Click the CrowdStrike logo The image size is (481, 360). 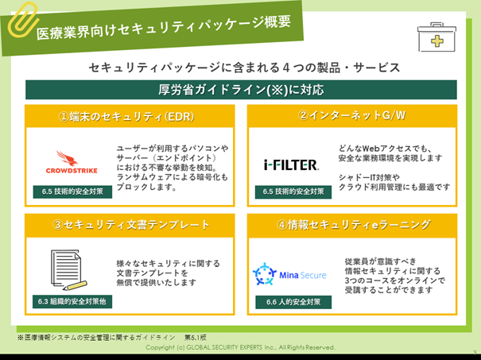tap(71, 163)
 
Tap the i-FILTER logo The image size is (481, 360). tap(291, 165)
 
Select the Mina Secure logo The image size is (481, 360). tap(290, 274)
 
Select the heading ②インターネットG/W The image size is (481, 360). tap(351, 116)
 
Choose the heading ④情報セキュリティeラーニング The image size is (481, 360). tap(351, 226)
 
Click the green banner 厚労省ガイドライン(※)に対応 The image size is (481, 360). tap(240, 89)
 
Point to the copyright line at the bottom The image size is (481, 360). tap(240, 348)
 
